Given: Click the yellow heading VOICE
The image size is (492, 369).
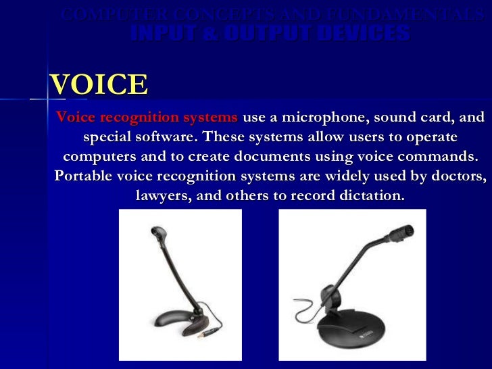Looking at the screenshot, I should (99, 85).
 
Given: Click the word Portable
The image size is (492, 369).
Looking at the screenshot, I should (82, 176).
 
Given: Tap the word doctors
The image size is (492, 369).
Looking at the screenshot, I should (457, 176).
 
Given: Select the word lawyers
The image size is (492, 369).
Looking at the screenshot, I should (160, 196).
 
